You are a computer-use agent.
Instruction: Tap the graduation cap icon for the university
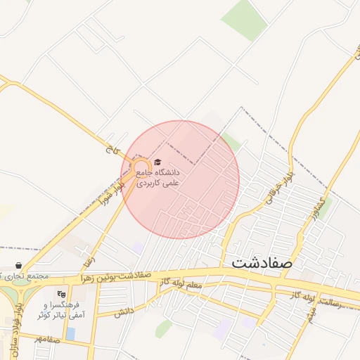[x=157, y=162]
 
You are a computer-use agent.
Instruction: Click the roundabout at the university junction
[x=140, y=168]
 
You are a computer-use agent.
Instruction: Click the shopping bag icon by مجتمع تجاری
[x=18, y=266]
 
